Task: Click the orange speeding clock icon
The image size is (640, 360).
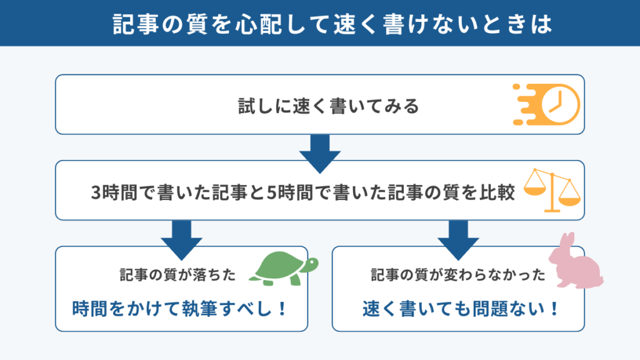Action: click(547, 104)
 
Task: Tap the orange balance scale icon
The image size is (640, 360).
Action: click(552, 190)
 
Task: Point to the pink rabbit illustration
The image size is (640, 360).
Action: click(576, 261)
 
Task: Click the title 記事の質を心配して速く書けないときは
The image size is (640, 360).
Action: click(332, 24)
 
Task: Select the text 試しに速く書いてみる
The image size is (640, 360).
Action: click(329, 106)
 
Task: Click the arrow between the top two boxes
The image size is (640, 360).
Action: click(320, 154)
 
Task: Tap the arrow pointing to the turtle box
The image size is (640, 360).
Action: click(182, 240)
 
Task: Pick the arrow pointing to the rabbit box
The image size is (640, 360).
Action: click(458, 240)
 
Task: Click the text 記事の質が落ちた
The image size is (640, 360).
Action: click(177, 275)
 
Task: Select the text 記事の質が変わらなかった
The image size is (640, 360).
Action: click(458, 275)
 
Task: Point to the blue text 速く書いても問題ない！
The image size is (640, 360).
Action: click(461, 309)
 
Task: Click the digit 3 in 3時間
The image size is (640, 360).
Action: click(96, 192)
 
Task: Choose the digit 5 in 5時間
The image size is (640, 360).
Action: click(271, 192)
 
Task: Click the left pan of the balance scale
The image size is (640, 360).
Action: click(535, 191)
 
